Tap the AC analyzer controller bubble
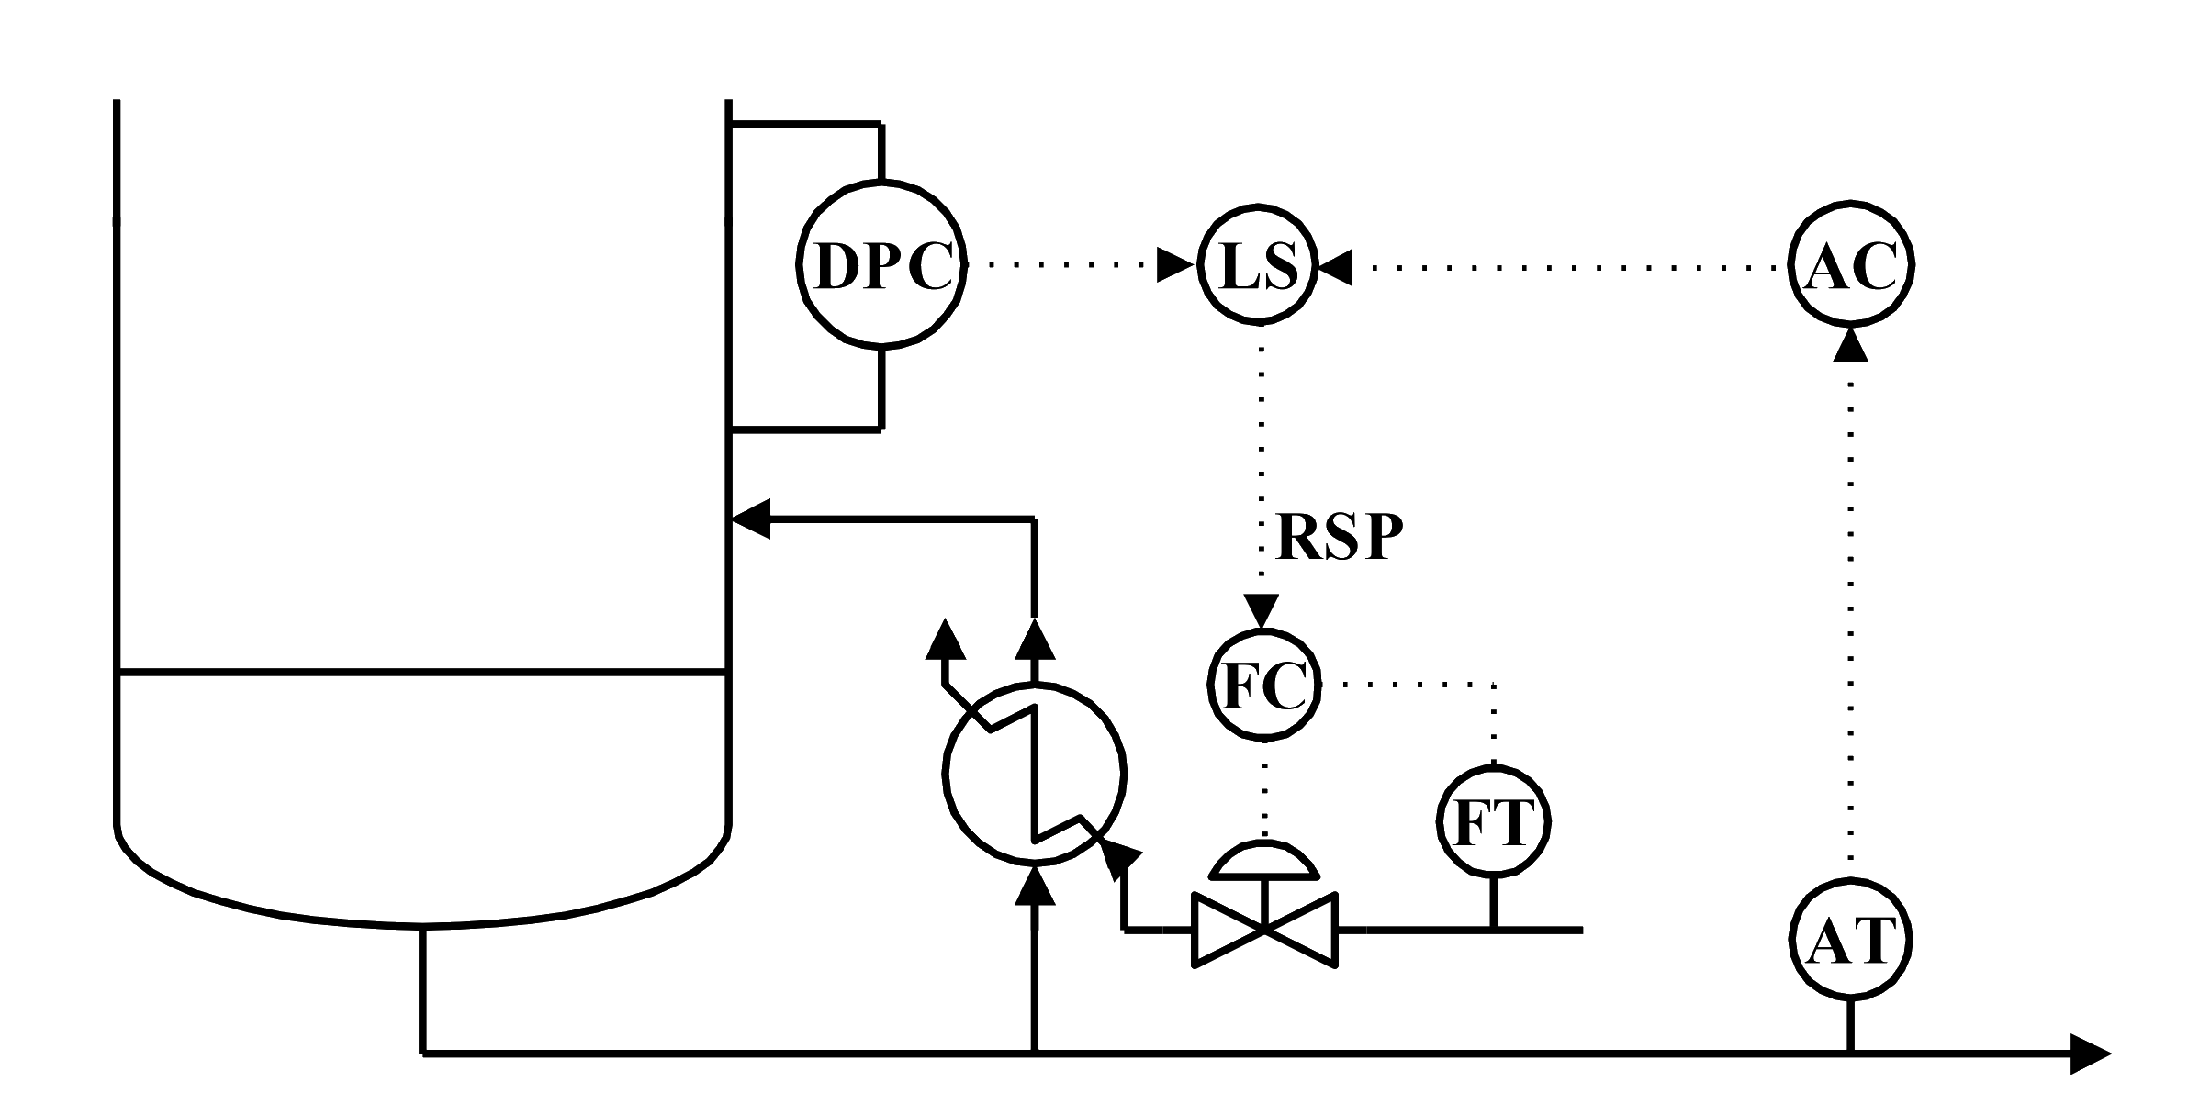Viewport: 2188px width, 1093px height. [1852, 265]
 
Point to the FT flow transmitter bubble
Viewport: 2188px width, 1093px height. [1492, 821]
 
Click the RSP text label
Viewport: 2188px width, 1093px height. [1341, 539]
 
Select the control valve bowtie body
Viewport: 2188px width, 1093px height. [1265, 931]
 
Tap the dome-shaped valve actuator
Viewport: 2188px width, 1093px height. [1265, 858]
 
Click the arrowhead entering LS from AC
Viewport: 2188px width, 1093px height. [1337, 266]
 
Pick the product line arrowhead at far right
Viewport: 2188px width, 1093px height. [2090, 1055]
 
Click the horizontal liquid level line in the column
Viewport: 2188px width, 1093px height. [423, 676]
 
